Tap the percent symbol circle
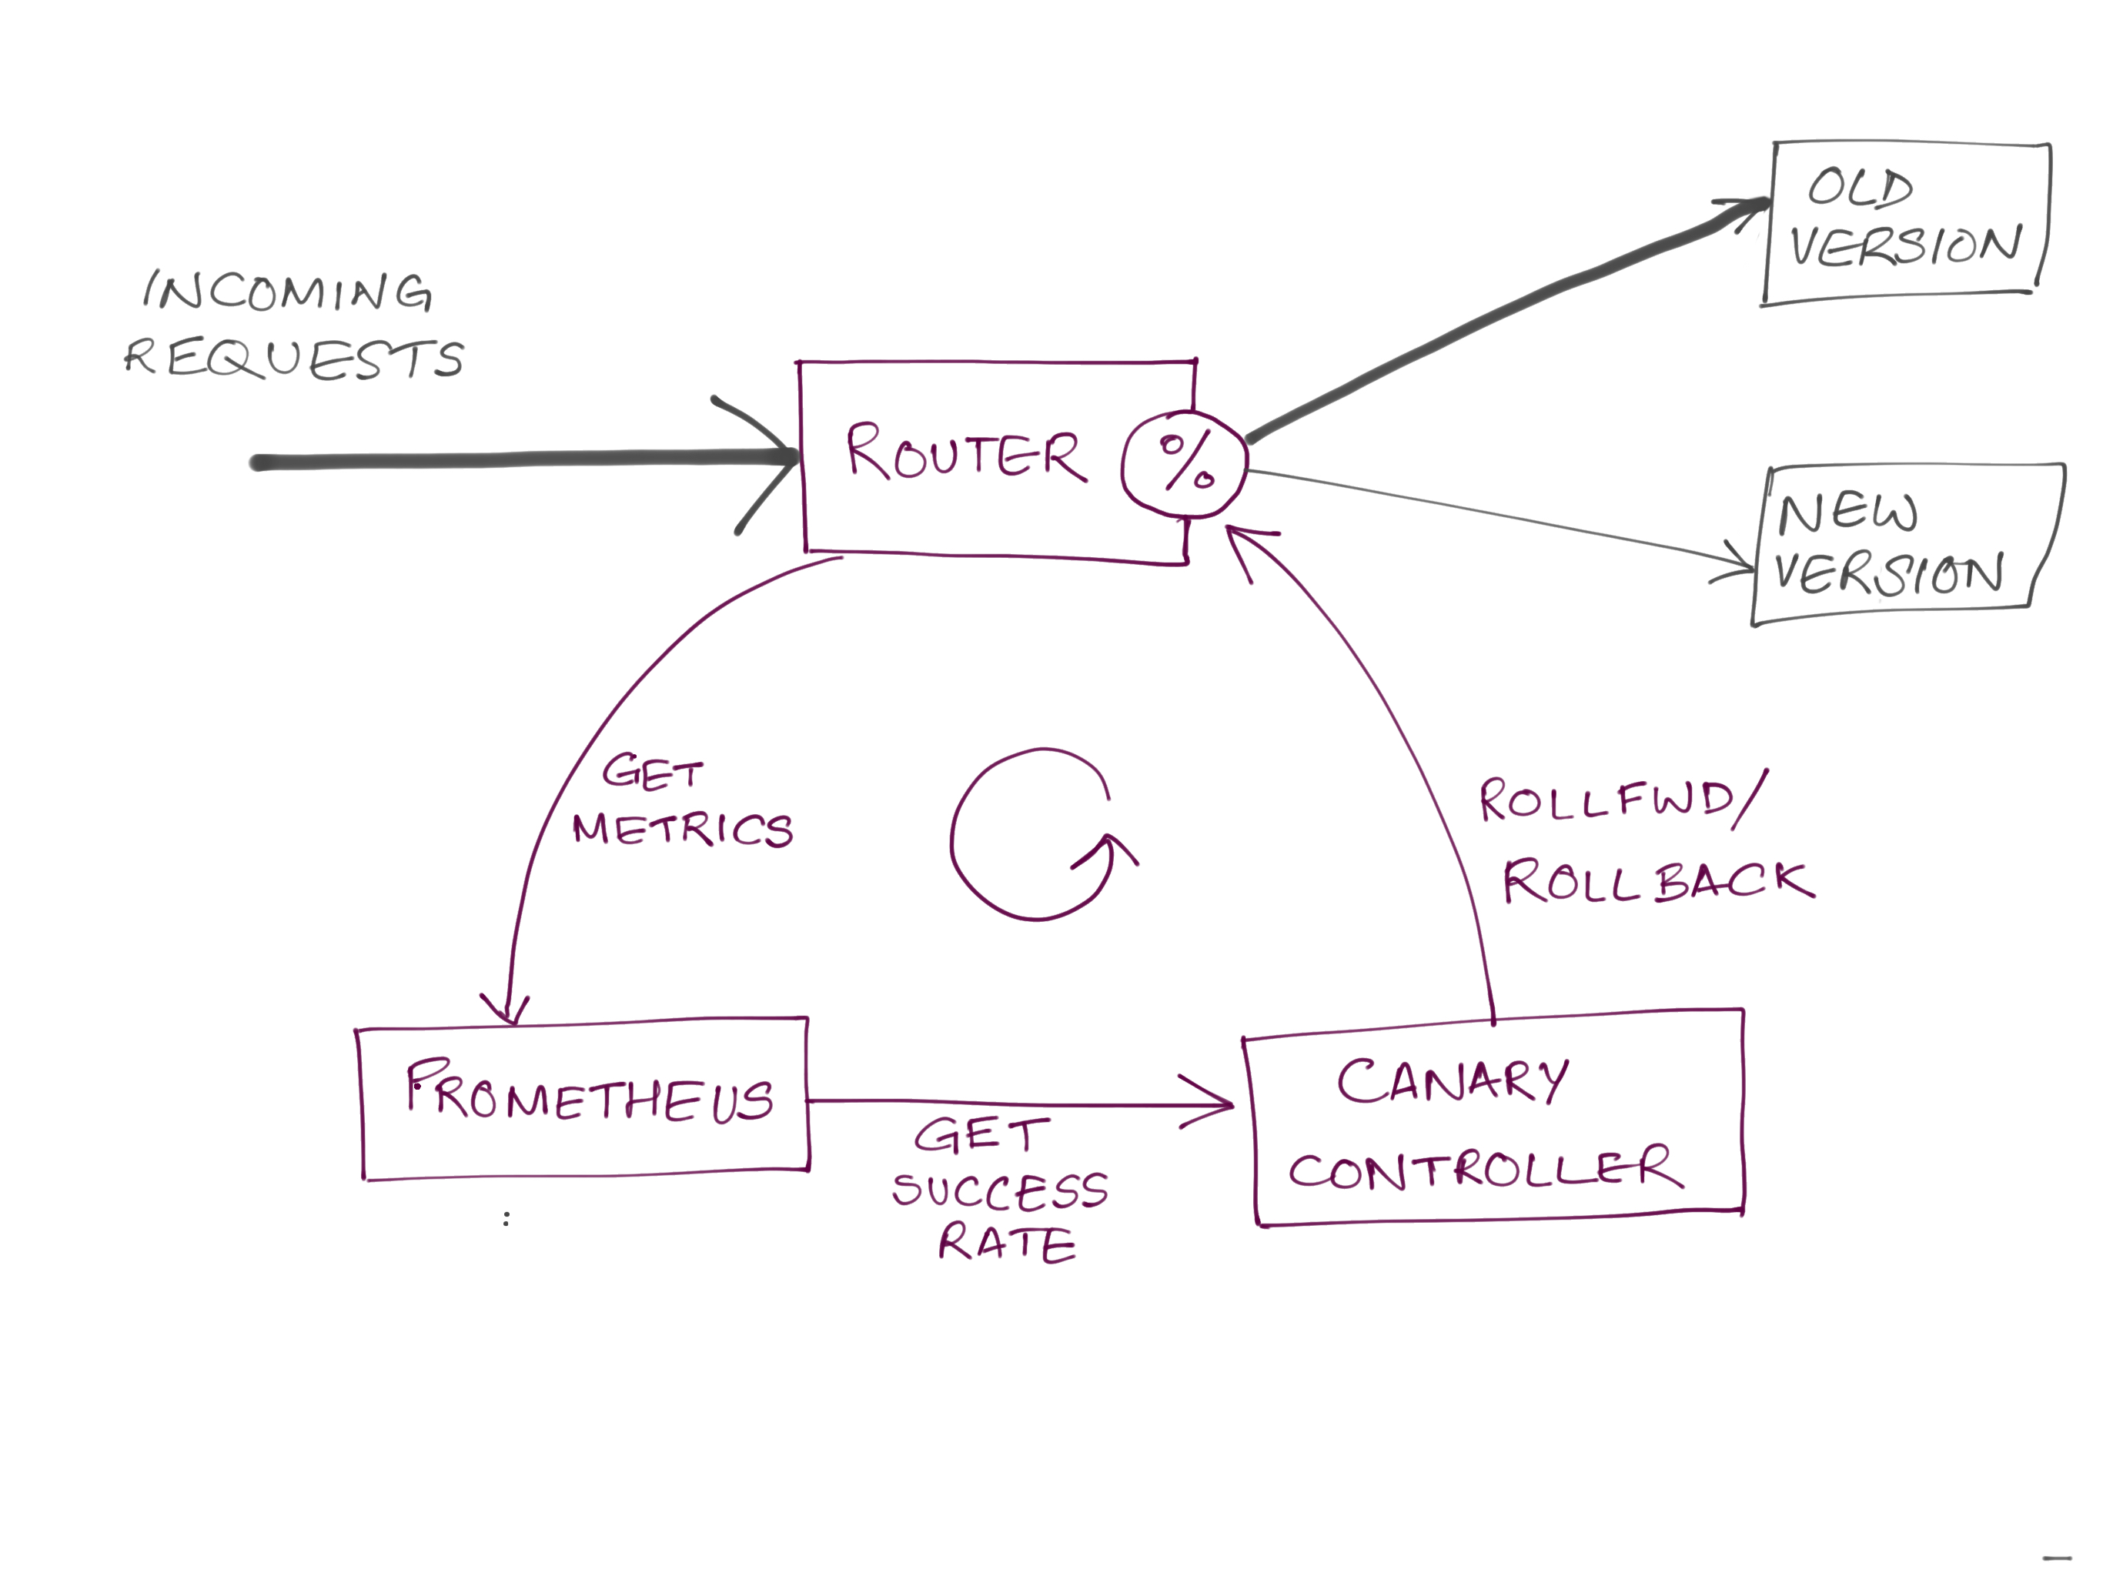1184,463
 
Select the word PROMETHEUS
589,1094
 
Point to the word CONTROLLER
1484,1169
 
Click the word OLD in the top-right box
1860,187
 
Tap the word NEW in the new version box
1847,513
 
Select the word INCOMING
288,291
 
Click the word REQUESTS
294,359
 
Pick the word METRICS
683,829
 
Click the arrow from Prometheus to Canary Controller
1018,1103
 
